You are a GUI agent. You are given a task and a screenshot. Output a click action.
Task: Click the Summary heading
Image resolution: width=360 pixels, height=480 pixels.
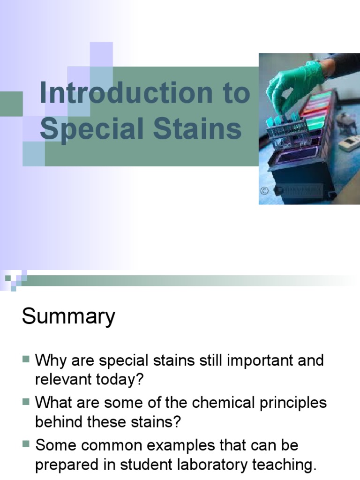point(68,316)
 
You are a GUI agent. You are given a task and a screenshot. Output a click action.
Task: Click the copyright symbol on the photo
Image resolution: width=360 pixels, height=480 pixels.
point(265,190)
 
